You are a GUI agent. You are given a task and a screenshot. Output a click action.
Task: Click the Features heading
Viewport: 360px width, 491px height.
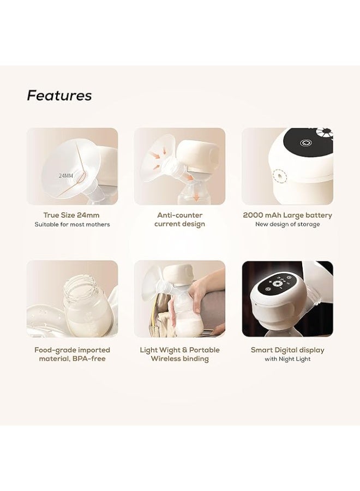click(59, 95)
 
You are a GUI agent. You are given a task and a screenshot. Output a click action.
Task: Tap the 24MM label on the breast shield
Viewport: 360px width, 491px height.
click(66, 176)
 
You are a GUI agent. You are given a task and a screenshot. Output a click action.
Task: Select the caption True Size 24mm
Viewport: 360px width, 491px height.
click(71, 215)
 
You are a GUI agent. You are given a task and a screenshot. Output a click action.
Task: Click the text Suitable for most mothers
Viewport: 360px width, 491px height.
click(72, 225)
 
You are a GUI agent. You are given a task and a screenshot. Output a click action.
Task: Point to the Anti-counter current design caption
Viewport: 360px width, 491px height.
click(179, 219)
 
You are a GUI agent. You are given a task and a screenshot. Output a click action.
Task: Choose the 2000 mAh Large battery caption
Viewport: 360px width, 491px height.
click(287, 215)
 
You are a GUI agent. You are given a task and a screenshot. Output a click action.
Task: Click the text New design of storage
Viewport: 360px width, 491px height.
click(287, 224)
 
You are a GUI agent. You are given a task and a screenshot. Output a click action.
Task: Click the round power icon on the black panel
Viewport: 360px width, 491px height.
click(304, 143)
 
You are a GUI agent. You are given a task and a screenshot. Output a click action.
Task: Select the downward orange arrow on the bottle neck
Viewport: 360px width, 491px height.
click(196, 195)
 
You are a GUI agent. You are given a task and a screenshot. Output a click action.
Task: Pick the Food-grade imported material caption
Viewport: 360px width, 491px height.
click(72, 354)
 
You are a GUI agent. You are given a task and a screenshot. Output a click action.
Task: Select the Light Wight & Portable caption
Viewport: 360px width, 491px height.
click(179, 350)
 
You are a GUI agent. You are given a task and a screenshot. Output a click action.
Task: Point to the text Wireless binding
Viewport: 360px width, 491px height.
click(179, 359)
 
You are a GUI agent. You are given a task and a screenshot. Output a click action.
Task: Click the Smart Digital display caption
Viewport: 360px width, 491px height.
click(287, 350)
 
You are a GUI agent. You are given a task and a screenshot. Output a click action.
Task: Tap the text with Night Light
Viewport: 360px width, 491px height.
click(287, 359)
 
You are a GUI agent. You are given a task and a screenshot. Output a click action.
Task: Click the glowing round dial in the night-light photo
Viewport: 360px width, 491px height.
click(277, 284)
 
